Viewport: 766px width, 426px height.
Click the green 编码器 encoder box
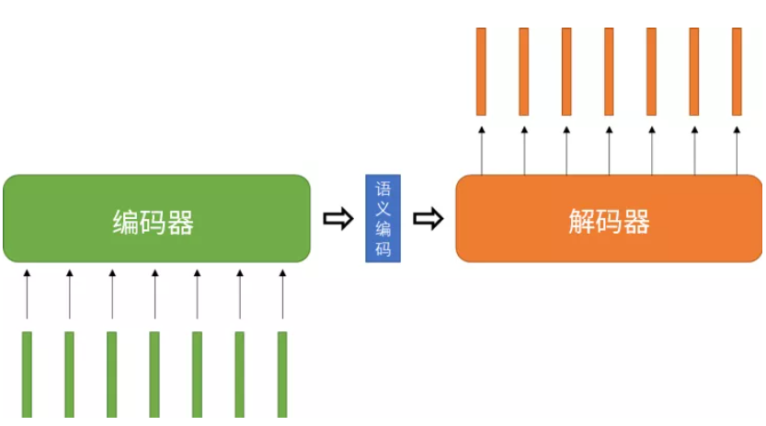(156, 218)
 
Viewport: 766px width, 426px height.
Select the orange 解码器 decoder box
(609, 218)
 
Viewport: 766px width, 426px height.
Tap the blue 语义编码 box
(383, 218)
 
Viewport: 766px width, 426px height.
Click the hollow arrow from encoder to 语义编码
(338, 219)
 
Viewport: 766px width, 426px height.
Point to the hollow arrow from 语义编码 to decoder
(428, 219)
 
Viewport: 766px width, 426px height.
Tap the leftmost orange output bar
(481, 71)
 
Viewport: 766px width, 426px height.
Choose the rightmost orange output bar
(737, 71)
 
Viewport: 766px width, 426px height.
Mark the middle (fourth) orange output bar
(609, 71)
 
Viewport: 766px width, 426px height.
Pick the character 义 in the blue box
(383, 209)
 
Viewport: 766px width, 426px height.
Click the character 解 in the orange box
(582, 222)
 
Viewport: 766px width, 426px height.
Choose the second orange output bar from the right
(694, 71)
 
